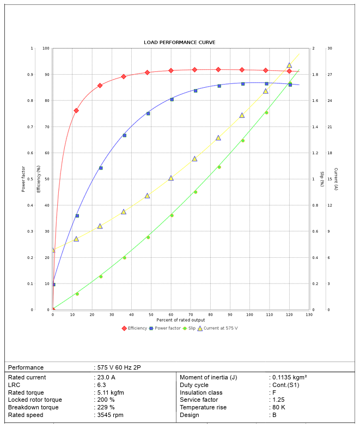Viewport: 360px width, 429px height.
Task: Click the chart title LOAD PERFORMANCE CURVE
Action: (179, 42)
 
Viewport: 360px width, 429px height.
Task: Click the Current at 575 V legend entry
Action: (221, 328)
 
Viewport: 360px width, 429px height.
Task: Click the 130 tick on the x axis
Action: (309, 315)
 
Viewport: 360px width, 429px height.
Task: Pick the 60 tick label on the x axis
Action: (171, 315)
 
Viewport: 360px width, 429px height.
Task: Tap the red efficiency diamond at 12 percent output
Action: (76, 111)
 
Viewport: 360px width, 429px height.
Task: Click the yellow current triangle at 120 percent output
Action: (289, 65)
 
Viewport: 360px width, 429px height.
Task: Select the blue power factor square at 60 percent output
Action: (172, 99)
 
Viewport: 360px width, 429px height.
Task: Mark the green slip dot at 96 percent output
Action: (243, 141)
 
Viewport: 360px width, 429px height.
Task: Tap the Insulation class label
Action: (201, 392)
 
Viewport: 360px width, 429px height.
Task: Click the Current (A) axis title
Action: (336, 179)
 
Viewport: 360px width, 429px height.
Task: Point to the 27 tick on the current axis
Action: (330, 75)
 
